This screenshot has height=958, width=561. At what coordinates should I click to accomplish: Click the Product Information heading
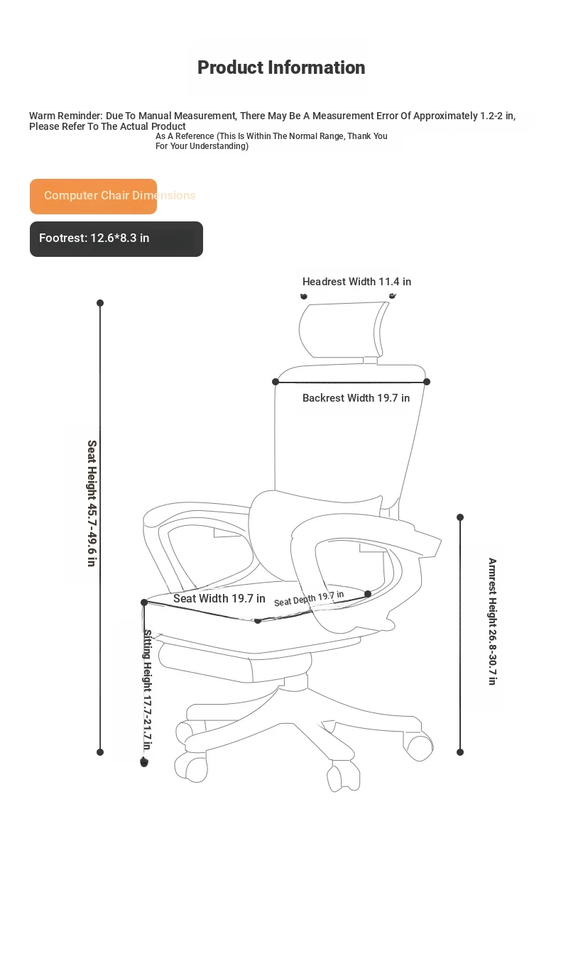(281, 67)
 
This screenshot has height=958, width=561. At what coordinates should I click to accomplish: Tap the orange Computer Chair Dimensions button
(93, 197)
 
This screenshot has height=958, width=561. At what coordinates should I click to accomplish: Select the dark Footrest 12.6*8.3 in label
(116, 239)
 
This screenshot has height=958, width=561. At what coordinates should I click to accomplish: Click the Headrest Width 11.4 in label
(356, 282)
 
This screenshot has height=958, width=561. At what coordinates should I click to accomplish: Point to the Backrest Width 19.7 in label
(356, 398)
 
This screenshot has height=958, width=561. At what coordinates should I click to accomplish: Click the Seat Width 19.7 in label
(219, 598)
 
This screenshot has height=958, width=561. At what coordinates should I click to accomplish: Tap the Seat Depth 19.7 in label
(309, 598)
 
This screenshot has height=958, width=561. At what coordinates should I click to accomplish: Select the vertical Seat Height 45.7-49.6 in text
(92, 503)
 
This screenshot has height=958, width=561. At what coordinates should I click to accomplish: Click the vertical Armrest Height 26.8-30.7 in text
(493, 621)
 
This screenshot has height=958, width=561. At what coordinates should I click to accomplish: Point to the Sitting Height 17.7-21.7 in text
(147, 690)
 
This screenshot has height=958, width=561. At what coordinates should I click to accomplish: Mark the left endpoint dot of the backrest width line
(276, 382)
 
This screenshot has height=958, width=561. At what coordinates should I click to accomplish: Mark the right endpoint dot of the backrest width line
(427, 382)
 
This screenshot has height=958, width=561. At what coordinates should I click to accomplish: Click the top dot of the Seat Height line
(100, 303)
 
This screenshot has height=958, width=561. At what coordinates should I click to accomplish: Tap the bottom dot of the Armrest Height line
(460, 752)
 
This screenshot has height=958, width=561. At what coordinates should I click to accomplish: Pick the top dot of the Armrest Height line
(460, 517)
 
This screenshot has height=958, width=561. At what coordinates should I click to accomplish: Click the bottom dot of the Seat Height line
(100, 752)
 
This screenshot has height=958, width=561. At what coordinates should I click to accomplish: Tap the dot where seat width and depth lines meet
(258, 621)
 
